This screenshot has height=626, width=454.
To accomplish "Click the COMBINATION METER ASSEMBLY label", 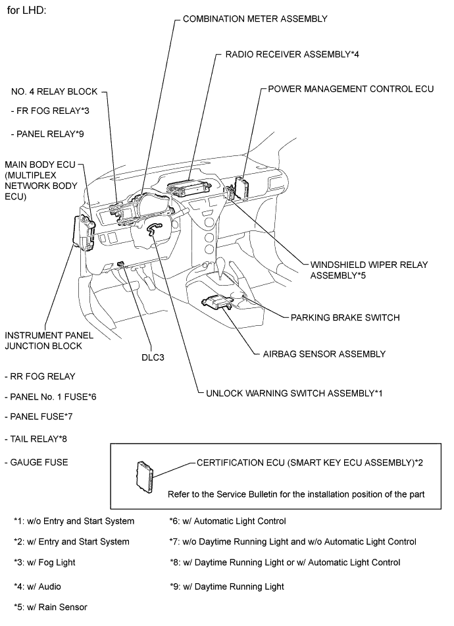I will click(255, 19).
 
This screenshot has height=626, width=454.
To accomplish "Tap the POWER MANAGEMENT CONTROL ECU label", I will click(351, 88).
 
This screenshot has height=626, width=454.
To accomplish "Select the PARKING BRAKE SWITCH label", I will click(345, 317).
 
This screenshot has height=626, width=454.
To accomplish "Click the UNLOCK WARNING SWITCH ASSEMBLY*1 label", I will click(293, 392).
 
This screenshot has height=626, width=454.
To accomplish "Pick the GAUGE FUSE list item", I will click(39, 462).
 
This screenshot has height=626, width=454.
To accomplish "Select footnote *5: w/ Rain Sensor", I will click(51, 606).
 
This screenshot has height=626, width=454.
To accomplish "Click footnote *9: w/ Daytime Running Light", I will click(227, 586).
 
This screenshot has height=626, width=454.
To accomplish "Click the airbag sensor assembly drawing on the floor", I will click(219, 301).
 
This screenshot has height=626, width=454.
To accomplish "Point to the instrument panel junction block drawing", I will click(85, 231).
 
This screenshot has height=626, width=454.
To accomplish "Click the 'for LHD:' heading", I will click(27, 12).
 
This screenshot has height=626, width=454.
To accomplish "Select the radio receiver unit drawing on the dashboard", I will click(189, 190).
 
